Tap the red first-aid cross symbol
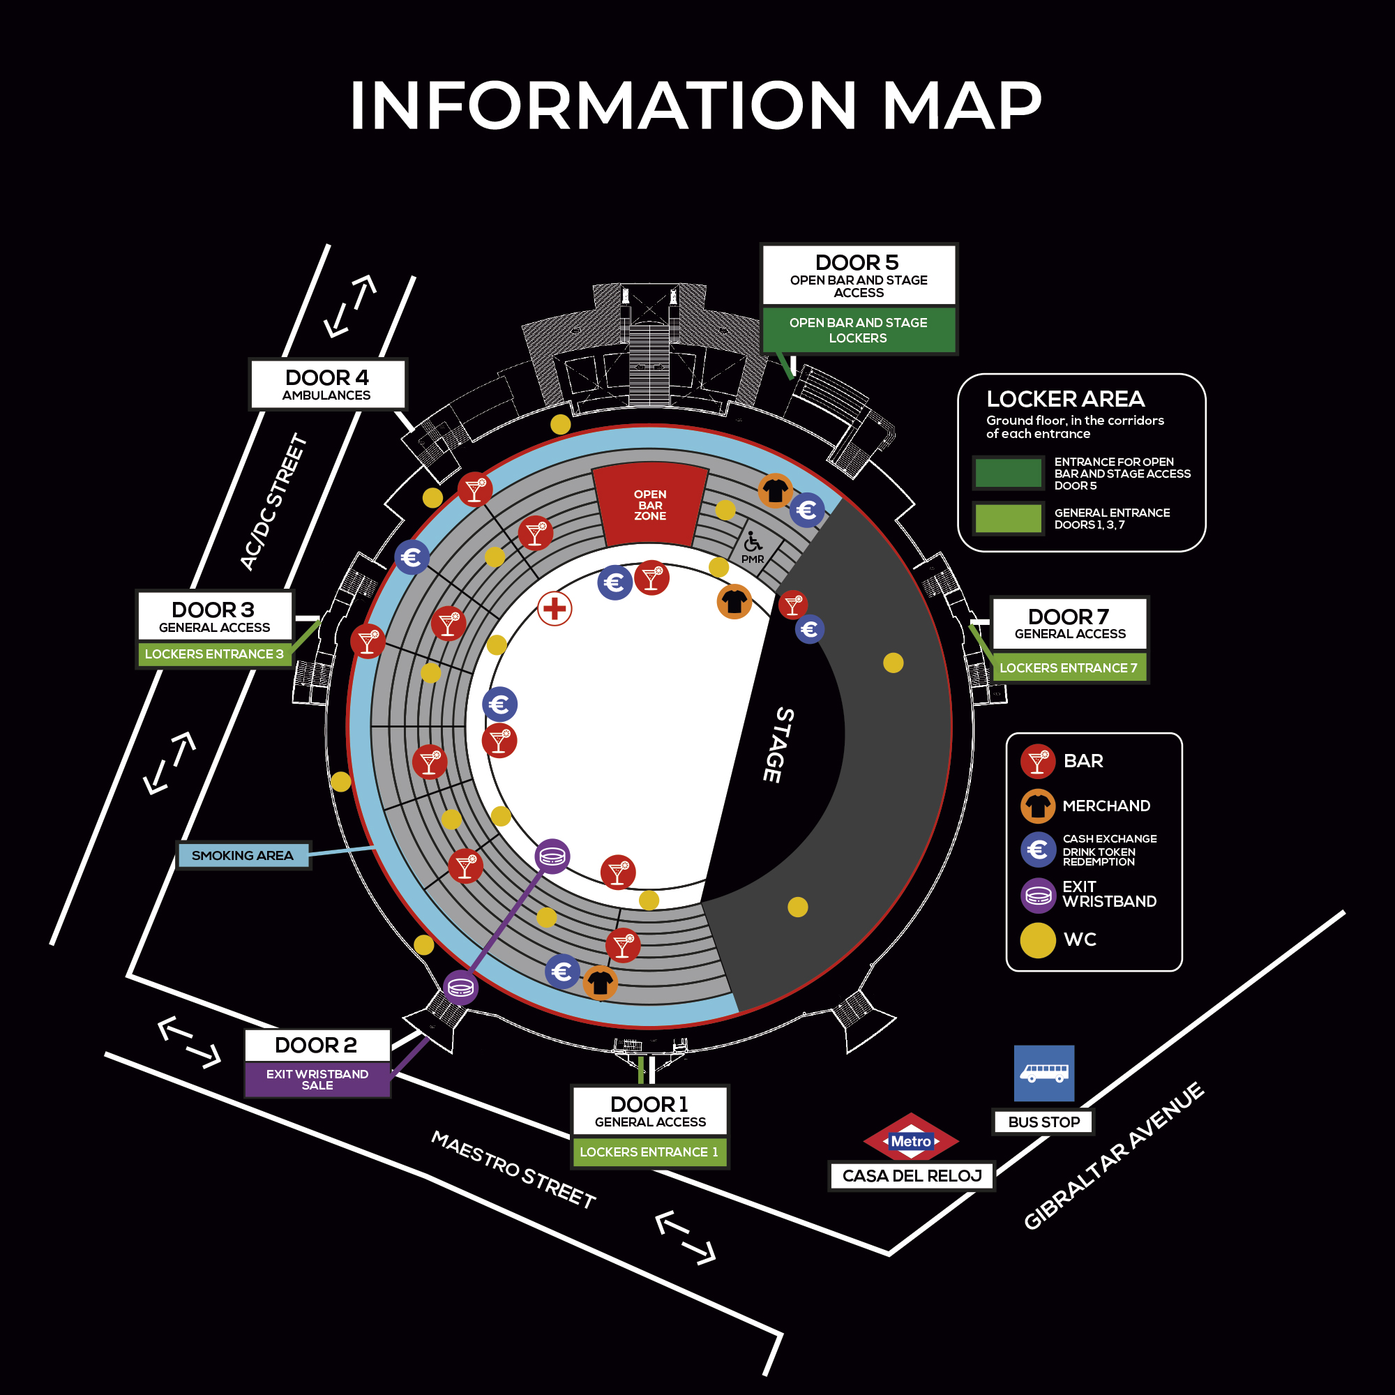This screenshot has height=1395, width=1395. [x=555, y=609]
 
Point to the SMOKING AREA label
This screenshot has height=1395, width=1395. [x=243, y=856]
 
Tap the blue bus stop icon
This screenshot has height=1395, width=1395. [x=1043, y=1073]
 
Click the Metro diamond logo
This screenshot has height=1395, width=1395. [x=911, y=1141]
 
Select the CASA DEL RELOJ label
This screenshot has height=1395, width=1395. [x=912, y=1176]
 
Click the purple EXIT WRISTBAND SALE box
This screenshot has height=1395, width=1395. [x=317, y=1080]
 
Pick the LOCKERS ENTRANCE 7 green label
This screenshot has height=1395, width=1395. [x=1068, y=668]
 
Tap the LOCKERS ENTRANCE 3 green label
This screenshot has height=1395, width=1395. [x=213, y=654]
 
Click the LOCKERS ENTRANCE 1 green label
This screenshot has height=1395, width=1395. [x=649, y=1152]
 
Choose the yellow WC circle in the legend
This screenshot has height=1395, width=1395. [x=1038, y=940]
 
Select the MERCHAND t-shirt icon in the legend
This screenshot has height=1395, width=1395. [x=1038, y=806]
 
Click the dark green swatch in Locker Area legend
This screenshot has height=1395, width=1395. [x=1008, y=473]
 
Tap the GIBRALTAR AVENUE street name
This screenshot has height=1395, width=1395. [x=1113, y=1155]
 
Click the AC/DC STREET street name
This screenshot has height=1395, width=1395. [x=273, y=502]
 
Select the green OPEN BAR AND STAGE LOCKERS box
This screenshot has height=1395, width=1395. [x=858, y=330]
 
